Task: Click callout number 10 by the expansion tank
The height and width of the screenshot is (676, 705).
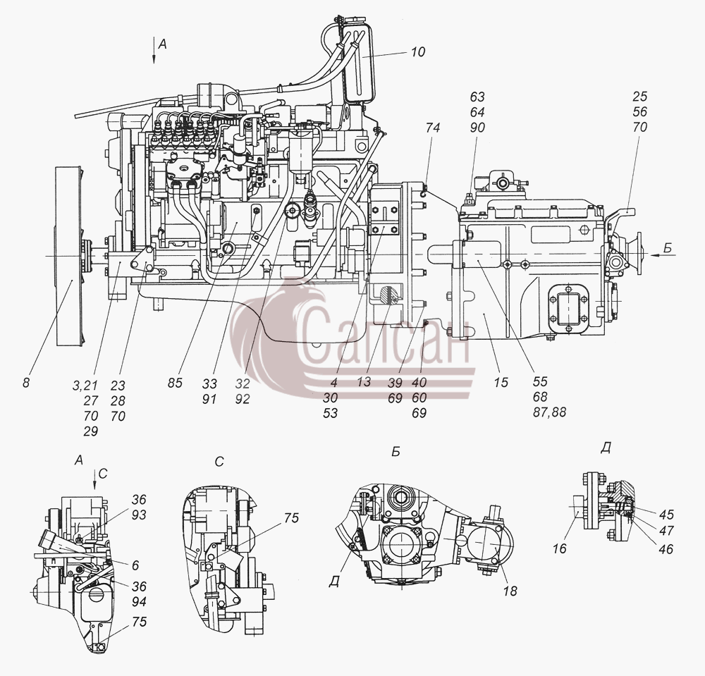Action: click(x=417, y=52)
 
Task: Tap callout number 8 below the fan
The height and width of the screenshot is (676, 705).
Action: click(x=26, y=383)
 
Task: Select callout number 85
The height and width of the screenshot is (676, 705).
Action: click(x=175, y=383)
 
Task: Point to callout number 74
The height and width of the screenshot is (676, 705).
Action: click(x=432, y=128)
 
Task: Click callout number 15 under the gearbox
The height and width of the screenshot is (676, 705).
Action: click(x=501, y=383)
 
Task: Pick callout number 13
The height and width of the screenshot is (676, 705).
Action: click(x=364, y=381)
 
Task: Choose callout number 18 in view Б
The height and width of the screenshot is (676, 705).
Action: click(x=510, y=591)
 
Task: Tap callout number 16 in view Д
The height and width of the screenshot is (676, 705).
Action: click(x=560, y=549)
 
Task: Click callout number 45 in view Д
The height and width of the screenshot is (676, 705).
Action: click(x=666, y=514)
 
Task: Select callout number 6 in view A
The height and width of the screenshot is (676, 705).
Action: click(x=135, y=565)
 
